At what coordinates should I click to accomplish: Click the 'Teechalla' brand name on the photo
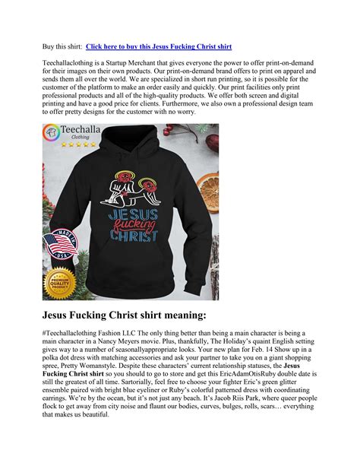84,135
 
